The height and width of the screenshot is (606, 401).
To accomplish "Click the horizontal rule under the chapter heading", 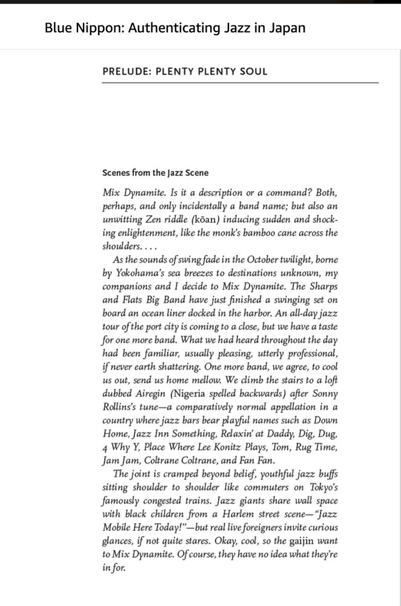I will [240, 82].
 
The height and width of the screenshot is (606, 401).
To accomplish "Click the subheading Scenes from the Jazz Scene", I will [156, 173].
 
